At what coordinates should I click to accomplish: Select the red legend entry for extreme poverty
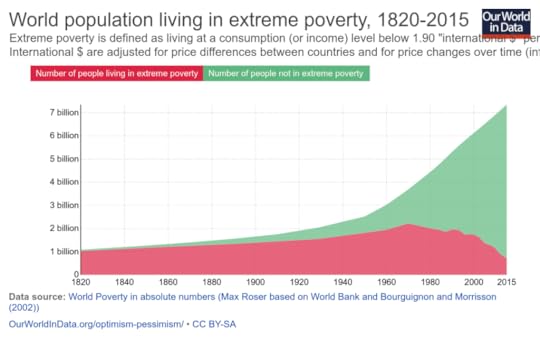114,73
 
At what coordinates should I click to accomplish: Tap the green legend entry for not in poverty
285,73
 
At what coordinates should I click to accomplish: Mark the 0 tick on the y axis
75,274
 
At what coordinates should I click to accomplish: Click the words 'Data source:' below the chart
38,297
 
